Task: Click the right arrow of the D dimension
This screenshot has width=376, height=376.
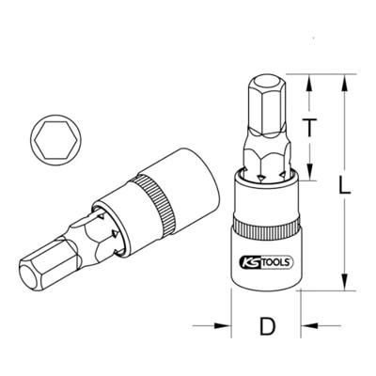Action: click(x=303, y=327)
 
